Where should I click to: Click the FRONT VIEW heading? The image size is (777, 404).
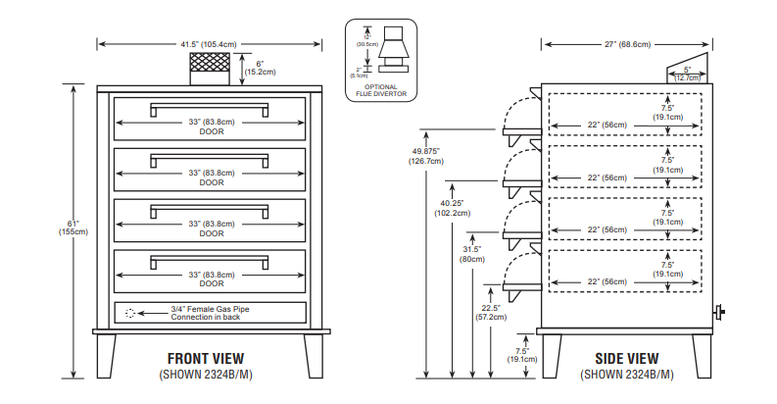206,359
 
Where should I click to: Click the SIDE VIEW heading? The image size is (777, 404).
626,359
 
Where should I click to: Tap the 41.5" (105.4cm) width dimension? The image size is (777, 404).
209,44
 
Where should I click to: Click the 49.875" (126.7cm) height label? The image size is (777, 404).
426,156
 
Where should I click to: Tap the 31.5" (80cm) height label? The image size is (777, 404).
472,254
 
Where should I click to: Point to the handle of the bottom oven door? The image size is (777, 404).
209,260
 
